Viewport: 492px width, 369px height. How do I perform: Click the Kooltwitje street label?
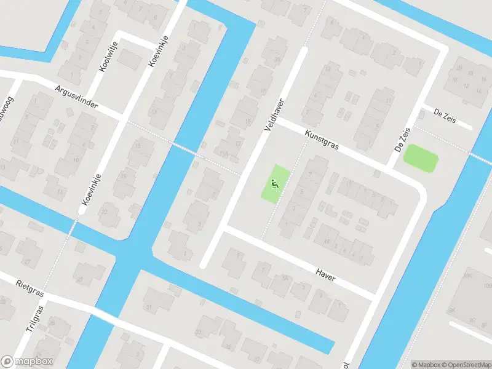104,58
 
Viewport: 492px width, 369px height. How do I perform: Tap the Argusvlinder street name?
76,98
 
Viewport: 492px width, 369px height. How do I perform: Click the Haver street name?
325,274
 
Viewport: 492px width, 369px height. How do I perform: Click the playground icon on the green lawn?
275,183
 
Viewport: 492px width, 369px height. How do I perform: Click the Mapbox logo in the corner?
26,362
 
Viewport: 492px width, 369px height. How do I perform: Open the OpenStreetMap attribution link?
466,365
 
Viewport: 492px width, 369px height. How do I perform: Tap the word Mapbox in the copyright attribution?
428,365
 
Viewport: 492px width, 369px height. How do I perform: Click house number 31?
148,307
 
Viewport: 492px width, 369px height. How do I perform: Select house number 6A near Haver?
284,278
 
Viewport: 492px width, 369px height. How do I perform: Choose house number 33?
199,332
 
